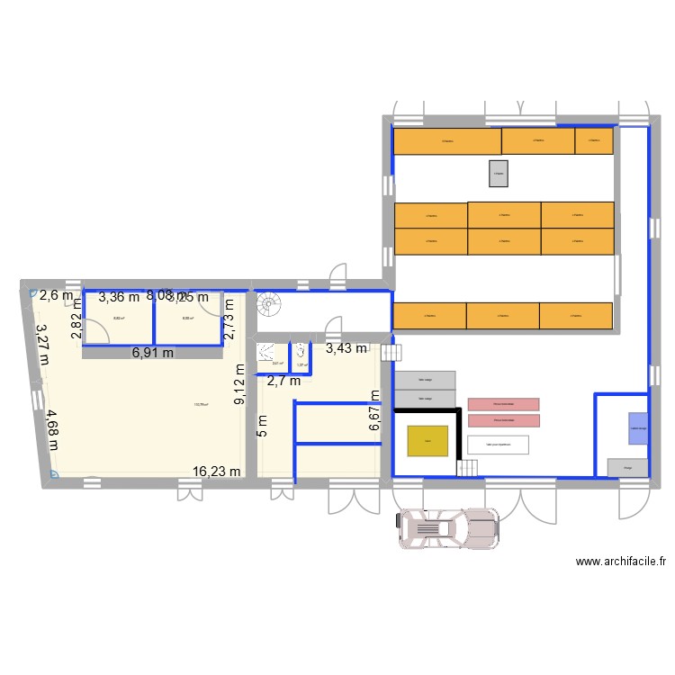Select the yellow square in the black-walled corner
(x=427, y=441)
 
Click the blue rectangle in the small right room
(x=638, y=427)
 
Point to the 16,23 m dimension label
(x=217, y=471)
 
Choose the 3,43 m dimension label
(x=346, y=348)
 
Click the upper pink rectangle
(x=503, y=404)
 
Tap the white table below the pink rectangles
(x=498, y=444)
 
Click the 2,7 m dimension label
(x=283, y=381)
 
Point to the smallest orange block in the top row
(x=594, y=139)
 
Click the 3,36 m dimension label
(x=120, y=297)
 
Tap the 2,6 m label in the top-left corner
(x=56, y=294)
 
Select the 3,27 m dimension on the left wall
(x=40, y=343)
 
